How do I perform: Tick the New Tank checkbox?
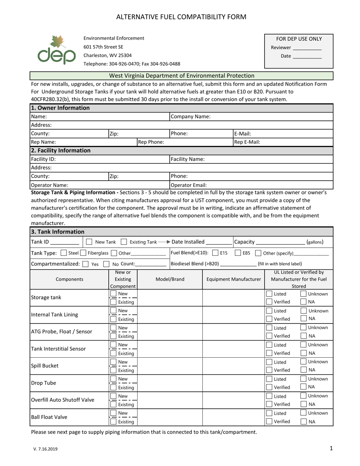tap(89, 242)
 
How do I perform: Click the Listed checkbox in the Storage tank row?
tap(269, 294)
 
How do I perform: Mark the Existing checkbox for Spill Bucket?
tap(113, 371)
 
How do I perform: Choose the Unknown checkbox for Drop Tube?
tap(304, 378)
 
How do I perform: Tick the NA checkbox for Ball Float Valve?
tap(304, 422)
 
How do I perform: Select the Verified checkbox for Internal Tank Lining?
tap(269, 319)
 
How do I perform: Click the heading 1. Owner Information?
tap(60, 108)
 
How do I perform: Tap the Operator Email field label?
tap(189, 185)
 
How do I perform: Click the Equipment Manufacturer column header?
tap(233, 280)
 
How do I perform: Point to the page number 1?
tap(331, 449)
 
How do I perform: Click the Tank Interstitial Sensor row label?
tap(58, 349)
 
